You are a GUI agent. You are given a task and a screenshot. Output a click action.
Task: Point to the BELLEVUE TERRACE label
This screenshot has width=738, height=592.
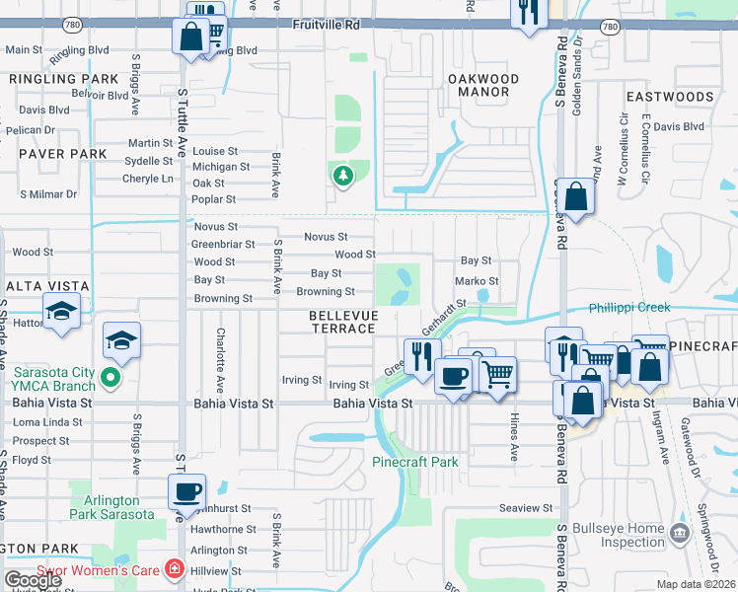click(342, 321)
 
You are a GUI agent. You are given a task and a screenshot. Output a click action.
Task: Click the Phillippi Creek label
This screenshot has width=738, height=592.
click(629, 308)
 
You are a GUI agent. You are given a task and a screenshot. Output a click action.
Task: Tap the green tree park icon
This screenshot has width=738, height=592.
click(342, 176)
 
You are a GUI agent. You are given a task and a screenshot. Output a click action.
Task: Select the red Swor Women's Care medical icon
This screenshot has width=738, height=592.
click(175, 569)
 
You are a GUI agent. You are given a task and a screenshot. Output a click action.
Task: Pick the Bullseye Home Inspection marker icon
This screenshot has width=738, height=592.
click(679, 534)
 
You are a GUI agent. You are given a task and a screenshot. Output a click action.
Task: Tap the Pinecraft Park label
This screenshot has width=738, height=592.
click(415, 461)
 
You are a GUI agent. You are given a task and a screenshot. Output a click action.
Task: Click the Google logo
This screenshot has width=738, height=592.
click(33, 580)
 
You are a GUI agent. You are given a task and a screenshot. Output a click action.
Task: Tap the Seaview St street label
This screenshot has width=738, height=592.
click(526, 508)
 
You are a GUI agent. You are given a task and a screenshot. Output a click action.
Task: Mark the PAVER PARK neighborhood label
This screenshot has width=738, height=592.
click(63, 154)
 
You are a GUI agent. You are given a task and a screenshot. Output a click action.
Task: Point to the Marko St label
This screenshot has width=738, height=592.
click(476, 281)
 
